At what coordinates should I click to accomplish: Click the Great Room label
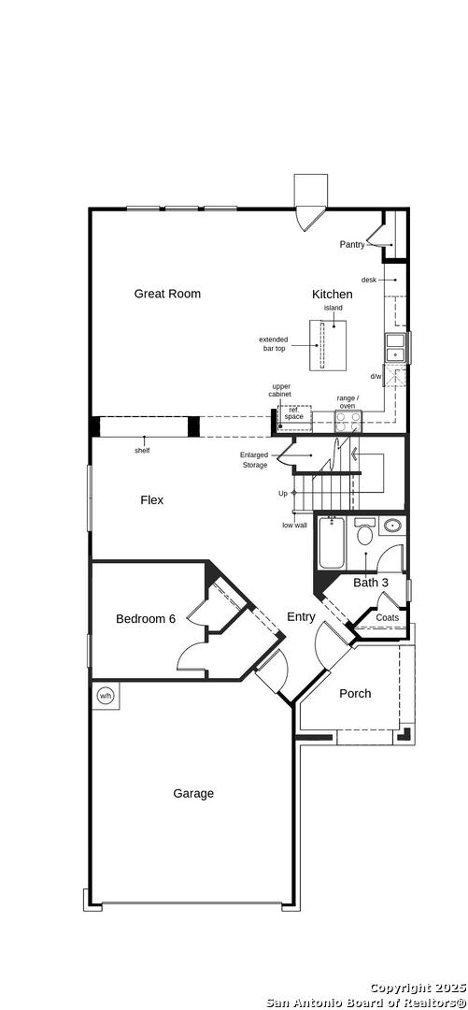[x=167, y=294]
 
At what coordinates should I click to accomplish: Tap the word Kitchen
[x=333, y=295]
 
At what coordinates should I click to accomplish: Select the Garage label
[x=193, y=794]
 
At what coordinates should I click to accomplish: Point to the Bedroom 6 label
[x=146, y=619]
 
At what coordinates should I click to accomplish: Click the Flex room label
[x=152, y=499]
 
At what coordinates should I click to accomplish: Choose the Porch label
[x=355, y=694]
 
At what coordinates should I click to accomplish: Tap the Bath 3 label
[x=371, y=583]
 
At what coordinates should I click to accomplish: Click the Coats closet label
[x=388, y=618]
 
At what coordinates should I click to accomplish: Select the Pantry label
[x=352, y=244]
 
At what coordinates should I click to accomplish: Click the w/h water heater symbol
[x=105, y=696]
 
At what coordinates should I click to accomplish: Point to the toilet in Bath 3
[x=365, y=532]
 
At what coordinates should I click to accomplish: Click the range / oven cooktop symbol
[x=348, y=421]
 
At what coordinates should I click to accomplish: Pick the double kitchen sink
[x=394, y=348]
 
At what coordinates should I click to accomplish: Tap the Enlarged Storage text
[x=254, y=460]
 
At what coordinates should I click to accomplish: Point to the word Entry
[x=301, y=617]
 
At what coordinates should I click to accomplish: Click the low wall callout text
[x=294, y=525]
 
